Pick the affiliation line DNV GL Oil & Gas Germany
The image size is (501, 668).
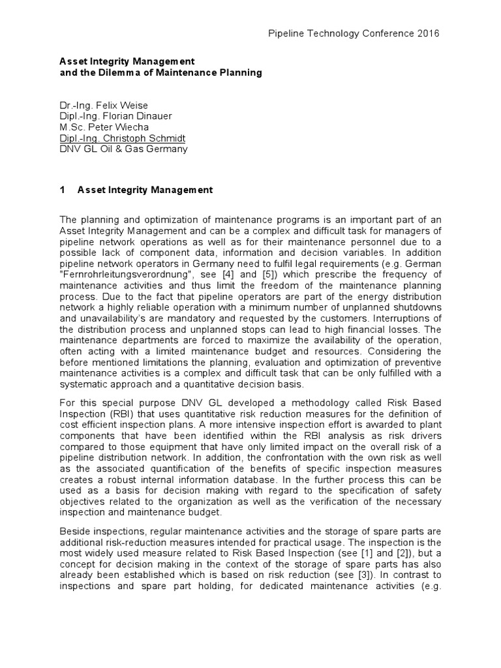pyautogui.click(x=123, y=149)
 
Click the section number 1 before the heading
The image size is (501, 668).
pyautogui.click(x=62, y=190)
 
